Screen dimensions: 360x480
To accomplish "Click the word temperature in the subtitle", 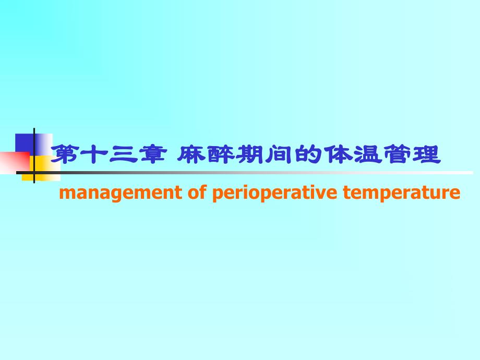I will click(402, 194).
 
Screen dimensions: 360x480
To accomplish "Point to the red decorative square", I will click(13, 162).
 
